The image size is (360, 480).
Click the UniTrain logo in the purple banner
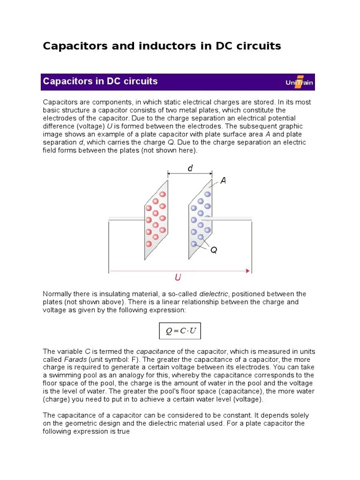click(299, 82)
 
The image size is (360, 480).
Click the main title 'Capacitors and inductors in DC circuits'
click(162, 46)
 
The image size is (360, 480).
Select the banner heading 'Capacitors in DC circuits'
click(100, 81)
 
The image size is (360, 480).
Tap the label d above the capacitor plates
click(190, 168)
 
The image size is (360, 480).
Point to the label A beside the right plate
click(223, 181)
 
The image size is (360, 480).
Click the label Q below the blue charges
click(213, 250)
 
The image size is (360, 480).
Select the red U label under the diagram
click(178, 278)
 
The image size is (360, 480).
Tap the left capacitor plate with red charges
click(156, 219)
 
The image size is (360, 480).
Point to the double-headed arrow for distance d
click(190, 174)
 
